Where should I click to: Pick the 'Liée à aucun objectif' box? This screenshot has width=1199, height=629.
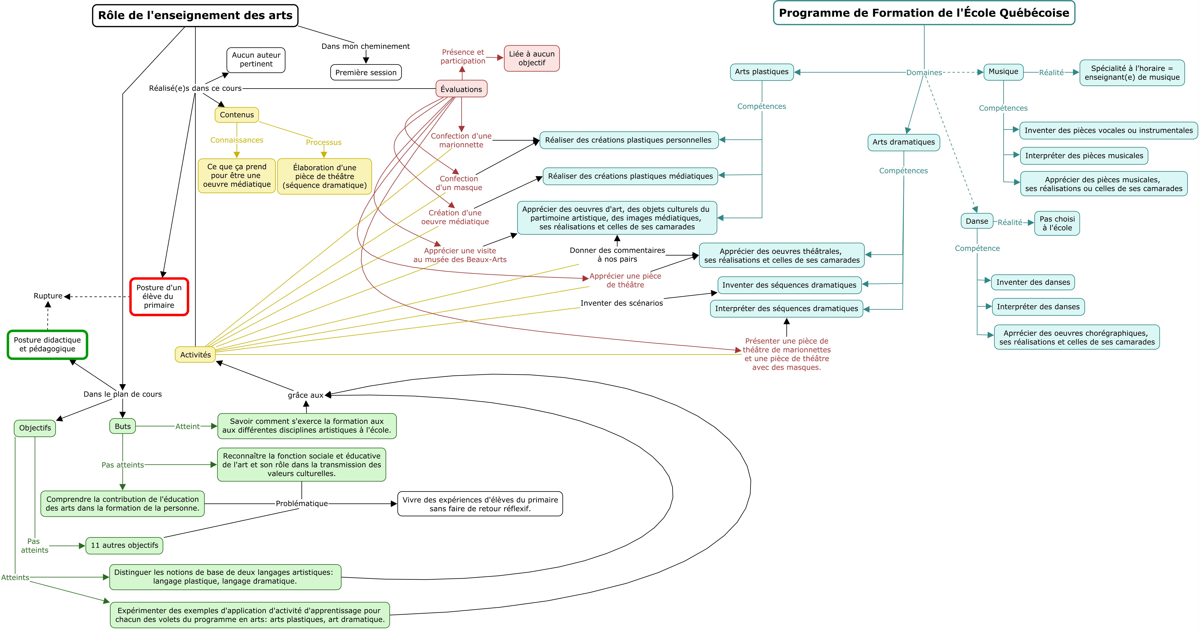(x=532, y=58)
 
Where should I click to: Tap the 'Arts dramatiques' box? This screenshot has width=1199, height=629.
(x=903, y=142)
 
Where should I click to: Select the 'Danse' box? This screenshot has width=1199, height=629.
(x=976, y=221)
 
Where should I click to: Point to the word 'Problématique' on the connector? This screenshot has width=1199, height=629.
(x=302, y=504)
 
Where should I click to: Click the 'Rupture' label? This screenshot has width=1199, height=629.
(x=48, y=296)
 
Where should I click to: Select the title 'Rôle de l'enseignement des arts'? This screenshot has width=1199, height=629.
(x=195, y=15)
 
